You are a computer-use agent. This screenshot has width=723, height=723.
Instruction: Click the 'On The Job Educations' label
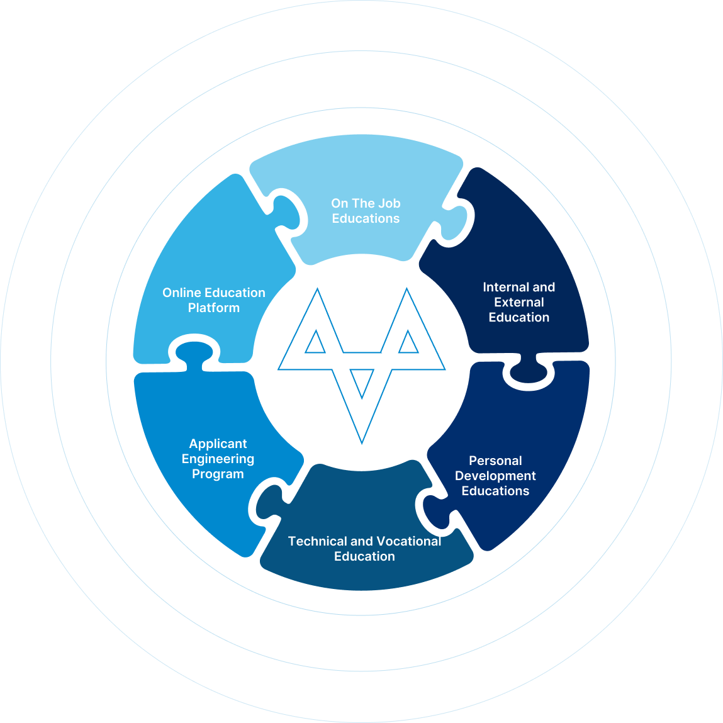pyautogui.click(x=366, y=211)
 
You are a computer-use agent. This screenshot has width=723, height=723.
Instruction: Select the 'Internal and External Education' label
pyautogui.click(x=518, y=302)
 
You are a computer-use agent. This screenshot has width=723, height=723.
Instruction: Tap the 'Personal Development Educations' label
pyautogui.click(x=495, y=475)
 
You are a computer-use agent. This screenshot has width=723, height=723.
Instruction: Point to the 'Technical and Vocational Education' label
pyautogui.click(x=364, y=548)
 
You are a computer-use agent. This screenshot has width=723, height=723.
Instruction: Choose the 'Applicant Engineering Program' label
pyautogui.click(x=218, y=458)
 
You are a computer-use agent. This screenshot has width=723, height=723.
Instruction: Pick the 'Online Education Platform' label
pyautogui.click(x=213, y=300)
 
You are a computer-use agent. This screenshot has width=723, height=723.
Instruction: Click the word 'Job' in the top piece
pyautogui.click(x=389, y=203)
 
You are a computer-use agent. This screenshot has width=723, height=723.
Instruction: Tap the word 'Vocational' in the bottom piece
pyautogui.click(x=408, y=541)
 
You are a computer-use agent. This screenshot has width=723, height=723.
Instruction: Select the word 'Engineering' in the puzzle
pyautogui.click(x=218, y=459)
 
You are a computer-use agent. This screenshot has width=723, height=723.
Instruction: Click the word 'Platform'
pyautogui.click(x=213, y=308)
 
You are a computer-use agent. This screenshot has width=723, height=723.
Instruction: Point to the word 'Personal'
pyautogui.click(x=495, y=461)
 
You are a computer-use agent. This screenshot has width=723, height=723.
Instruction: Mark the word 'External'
pyautogui.click(x=518, y=302)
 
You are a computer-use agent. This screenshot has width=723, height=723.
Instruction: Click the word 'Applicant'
pyautogui.click(x=218, y=444)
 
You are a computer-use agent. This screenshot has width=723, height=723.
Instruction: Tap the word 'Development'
pyautogui.click(x=495, y=476)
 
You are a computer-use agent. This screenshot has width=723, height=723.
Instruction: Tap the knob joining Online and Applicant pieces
pyautogui.click(x=194, y=353)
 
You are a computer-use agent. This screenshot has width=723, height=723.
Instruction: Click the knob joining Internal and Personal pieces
pyautogui.click(x=529, y=372)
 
